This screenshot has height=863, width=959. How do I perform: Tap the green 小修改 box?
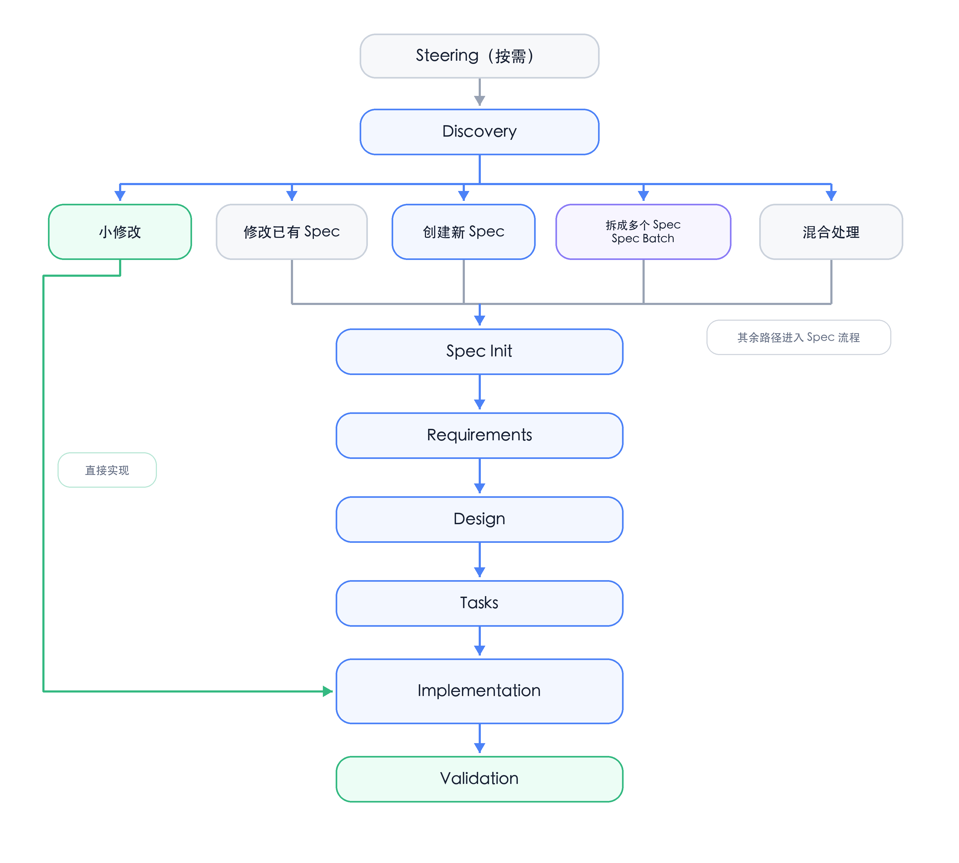pyautogui.click(x=120, y=232)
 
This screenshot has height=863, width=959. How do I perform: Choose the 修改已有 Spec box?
pyautogui.click(x=292, y=232)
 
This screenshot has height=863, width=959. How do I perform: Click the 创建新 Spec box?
pyautogui.click(x=463, y=232)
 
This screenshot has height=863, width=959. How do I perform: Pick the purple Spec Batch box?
pyautogui.click(x=643, y=232)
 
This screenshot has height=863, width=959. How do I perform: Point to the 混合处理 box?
pyautogui.click(x=831, y=232)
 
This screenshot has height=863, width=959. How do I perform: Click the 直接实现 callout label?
pyautogui.click(x=107, y=470)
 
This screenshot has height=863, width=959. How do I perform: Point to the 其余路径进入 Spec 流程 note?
pyautogui.click(x=799, y=337)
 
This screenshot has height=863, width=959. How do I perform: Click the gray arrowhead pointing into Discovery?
pyautogui.click(x=479, y=100)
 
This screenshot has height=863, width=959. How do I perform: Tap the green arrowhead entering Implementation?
pyautogui.click(x=328, y=691)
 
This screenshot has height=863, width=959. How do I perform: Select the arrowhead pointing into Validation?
pyautogui.click(x=479, y=748)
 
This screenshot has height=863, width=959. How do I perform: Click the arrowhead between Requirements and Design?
pyautogui.click(x=479, y=488)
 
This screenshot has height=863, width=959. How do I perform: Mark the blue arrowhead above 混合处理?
pyautogui.click(x=831, y=195)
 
